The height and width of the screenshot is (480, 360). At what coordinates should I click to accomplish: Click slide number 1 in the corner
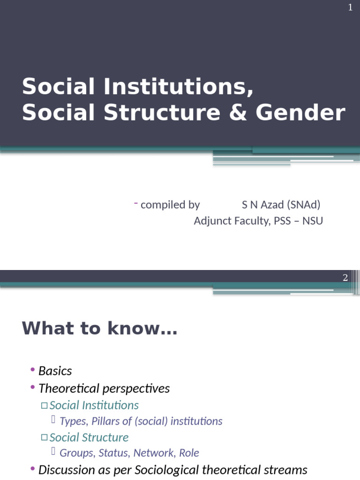coord(350,8)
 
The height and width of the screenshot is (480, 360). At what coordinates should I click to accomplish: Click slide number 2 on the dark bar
coord(345,277)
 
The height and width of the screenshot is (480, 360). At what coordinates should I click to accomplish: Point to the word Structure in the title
coord(162,113)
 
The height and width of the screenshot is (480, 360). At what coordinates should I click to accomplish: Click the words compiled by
coord(170,205)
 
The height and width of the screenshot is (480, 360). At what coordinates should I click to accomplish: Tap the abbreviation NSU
coord(313,221)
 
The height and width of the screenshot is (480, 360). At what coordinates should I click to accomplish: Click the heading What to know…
coord(99,329)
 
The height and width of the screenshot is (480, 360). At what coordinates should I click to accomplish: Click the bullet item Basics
coord(55,371)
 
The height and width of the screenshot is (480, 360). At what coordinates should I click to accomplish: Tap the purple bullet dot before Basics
coord(33,370)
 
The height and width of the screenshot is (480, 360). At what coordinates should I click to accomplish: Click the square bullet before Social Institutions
coord(44,405)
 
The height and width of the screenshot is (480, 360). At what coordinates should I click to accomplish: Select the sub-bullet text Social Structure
coord(89,437)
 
